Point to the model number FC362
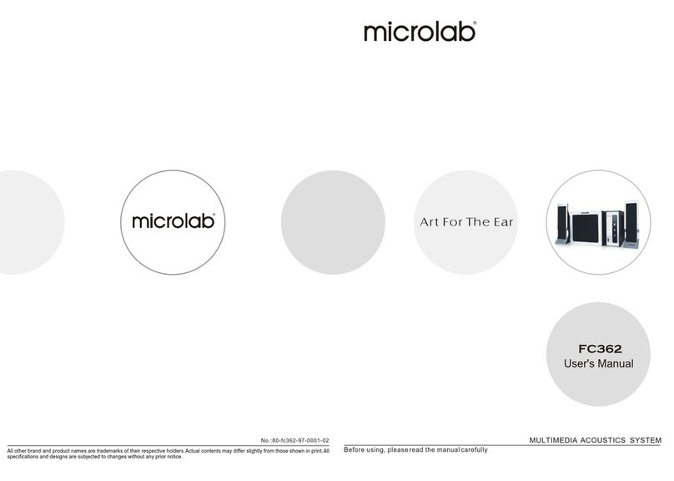pyautogui.click(x=601, y=349)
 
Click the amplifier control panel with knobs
pyautogui.click(x=616, y=225)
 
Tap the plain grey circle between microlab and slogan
pyautogui.click(x=333, y=221)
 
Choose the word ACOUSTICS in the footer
pyautogui.click(x=605, y=440)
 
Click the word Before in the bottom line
pyautogui.click(x=358, y=450)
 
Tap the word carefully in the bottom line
pyautogui.click(x=474, y=450)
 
